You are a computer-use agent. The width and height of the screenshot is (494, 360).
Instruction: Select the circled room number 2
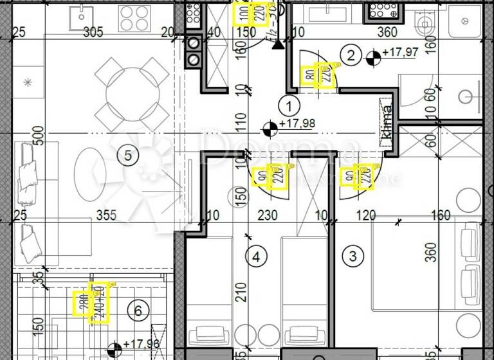tap(351, 55)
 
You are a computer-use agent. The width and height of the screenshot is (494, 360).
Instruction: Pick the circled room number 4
tap(256, 257)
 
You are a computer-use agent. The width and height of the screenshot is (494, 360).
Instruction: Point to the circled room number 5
tap(128, 154)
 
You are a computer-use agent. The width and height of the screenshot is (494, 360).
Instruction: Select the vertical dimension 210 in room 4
tap(239, 296)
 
